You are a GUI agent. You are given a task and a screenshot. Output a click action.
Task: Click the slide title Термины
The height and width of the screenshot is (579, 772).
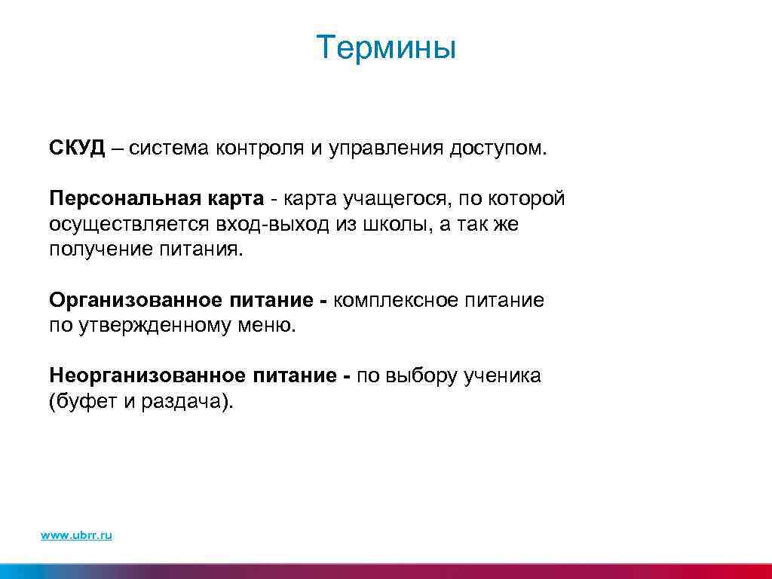tap(386, 48)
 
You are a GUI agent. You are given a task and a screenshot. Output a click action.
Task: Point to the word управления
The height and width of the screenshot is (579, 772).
tap(384, 148)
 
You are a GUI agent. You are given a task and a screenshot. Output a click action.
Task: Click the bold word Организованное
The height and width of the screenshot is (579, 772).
tap(133, 301)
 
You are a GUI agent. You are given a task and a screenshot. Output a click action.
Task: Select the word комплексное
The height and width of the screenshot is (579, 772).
tap(393, 301)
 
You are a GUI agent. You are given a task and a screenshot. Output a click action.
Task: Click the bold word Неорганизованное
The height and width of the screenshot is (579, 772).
tap(146, 375)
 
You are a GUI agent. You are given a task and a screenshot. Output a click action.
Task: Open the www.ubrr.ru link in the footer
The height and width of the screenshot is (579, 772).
tap(76, 535)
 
